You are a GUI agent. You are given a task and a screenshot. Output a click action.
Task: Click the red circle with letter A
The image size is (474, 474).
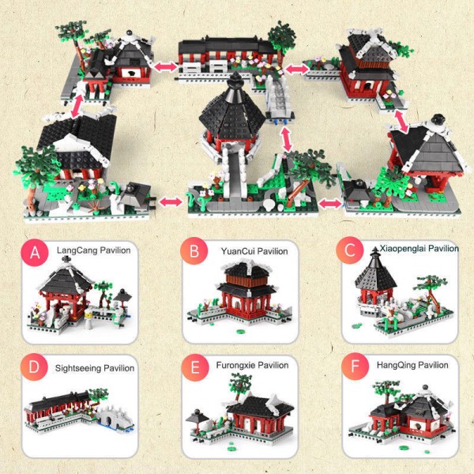(34, 253)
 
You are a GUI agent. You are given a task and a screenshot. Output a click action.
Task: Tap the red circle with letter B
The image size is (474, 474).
(194, 253)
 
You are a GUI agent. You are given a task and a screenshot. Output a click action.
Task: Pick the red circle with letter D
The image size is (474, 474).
(34, 369)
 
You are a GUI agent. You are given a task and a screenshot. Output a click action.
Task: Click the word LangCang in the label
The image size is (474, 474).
(76, 250)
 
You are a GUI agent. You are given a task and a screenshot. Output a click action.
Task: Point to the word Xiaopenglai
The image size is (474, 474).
(401, 248)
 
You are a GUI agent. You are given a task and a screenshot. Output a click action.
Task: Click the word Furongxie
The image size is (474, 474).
(236, 365)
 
